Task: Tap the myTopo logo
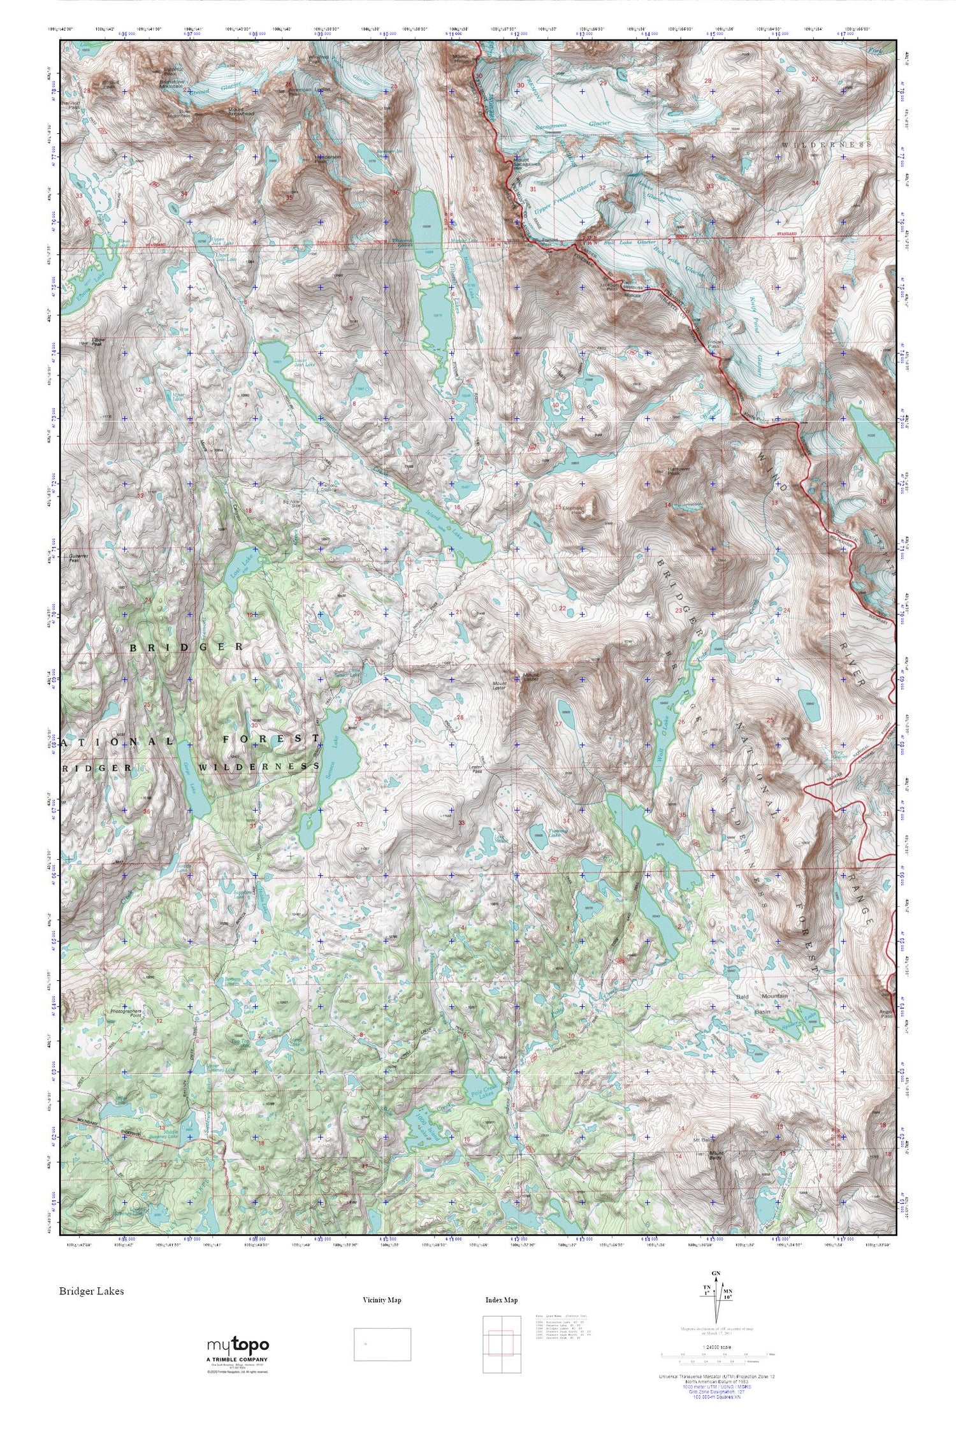[x=238, y=1345]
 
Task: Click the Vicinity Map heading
[x=382, y=1300]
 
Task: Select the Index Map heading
[x=502, y=1300]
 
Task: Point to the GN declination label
[x=717, y=1274]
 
